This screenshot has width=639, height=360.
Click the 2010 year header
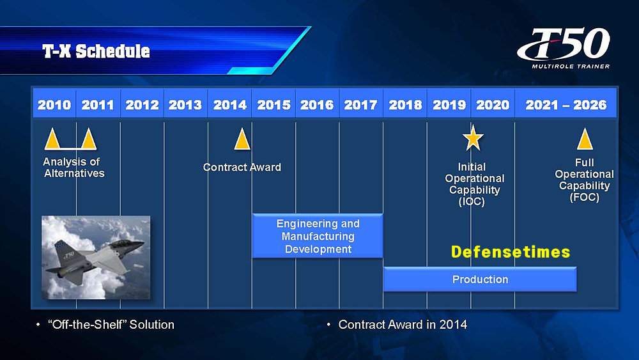tap(54, 105)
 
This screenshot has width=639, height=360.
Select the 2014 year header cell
tap(229, 105)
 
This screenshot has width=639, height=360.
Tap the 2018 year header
tap(405, 105)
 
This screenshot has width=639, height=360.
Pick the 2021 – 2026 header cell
tap(566, 105)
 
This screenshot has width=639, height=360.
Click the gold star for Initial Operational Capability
tap(473, 138)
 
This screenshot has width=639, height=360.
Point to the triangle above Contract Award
tap(242, 139)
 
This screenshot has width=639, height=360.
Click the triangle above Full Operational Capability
tap(585, 139)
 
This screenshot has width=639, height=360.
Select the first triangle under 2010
tap(52, 139)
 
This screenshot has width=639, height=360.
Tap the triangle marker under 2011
tap(88, 139)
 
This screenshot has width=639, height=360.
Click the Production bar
tap(480, 279)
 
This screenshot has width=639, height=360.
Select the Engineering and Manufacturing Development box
tap(318, 236)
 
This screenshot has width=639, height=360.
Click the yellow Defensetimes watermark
tap(510, 252)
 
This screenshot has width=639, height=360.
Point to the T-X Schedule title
tap(96, 51)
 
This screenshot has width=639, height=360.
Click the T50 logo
tap(564, 43)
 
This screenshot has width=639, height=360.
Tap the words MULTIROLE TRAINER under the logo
tap(571, 67)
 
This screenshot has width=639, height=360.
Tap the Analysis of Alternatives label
tap(73, 168)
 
